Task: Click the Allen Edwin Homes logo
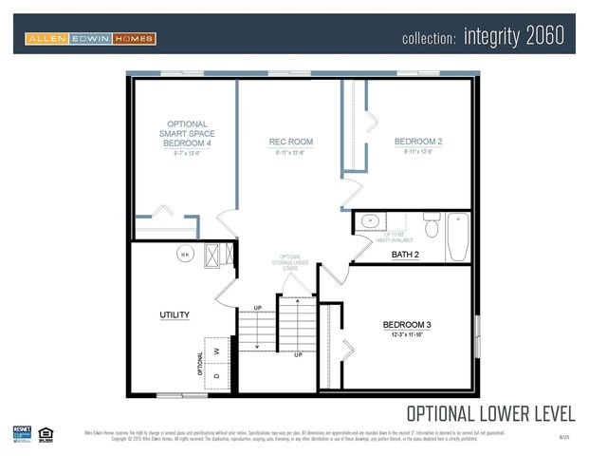90,39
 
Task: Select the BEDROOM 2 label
418,142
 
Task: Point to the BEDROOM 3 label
408,324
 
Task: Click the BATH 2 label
405,255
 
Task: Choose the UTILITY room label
175,314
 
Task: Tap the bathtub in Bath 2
458,237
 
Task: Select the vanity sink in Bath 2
367,222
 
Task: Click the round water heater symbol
186,254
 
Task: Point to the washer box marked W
217,351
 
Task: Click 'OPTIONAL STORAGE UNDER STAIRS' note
291,264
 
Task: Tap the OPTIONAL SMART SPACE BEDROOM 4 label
187,133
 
